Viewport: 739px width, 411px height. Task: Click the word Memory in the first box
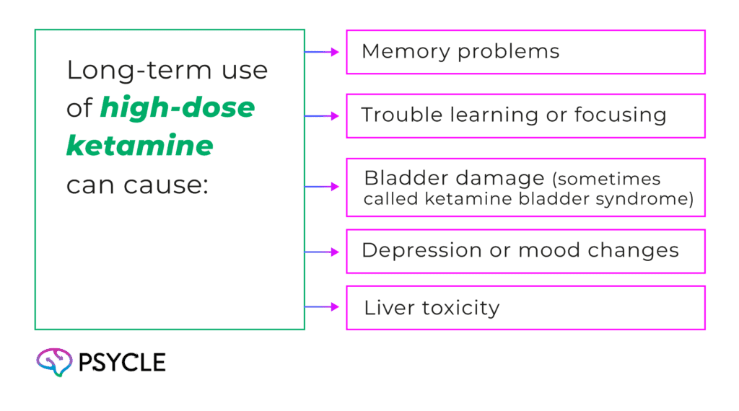coord(406,52)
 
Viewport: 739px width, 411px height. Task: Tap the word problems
coord(509,52)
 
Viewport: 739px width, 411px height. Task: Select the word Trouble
coord(401,115)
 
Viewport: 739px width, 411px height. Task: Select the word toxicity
coord(460,309)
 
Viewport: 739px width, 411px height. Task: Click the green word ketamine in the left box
coord(139,145)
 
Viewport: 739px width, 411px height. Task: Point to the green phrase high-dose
coord(178,108)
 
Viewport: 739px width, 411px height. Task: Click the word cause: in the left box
coord(166,185)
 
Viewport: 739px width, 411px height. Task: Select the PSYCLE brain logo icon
coord(54,362)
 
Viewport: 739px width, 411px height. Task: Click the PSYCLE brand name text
coord(122,363)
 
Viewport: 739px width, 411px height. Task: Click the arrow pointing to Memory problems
coord(322,52)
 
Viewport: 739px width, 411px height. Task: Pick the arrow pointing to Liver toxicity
coord(322,307)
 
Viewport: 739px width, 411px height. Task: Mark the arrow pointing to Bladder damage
coord(322,187)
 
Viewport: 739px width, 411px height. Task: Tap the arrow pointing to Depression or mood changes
coord(322,252)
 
